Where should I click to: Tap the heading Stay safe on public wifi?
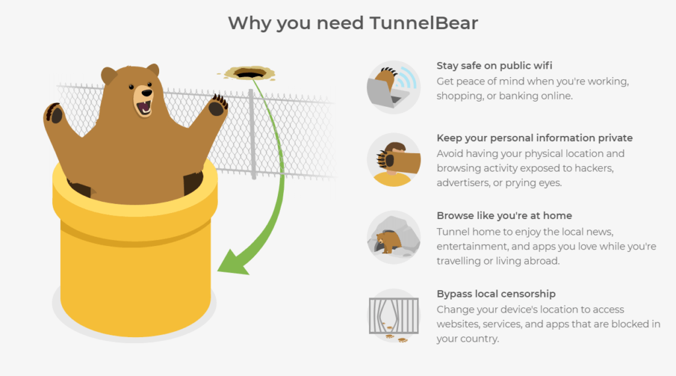[494, 66]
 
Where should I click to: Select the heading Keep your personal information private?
[535, 138]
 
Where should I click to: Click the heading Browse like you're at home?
[504, 216]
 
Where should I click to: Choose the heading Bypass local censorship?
[496, 294]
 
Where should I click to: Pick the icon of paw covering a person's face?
[393, 160]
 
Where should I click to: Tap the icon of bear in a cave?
[393, 237]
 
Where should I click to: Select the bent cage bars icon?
[393, 315]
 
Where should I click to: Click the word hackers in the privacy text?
[591, 168]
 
